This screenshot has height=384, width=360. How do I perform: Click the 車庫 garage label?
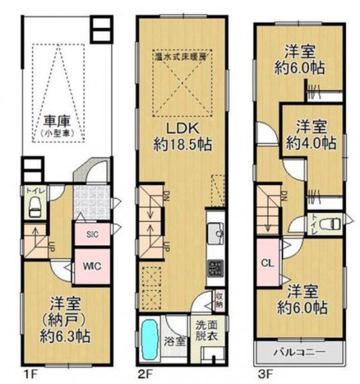pos(57,120)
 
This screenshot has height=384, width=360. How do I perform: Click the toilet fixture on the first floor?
pos(34,207)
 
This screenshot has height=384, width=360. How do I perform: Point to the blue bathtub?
pos(149,339)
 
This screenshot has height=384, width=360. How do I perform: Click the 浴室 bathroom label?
pos(176,340)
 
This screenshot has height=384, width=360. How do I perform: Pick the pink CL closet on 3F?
pos(267,262)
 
